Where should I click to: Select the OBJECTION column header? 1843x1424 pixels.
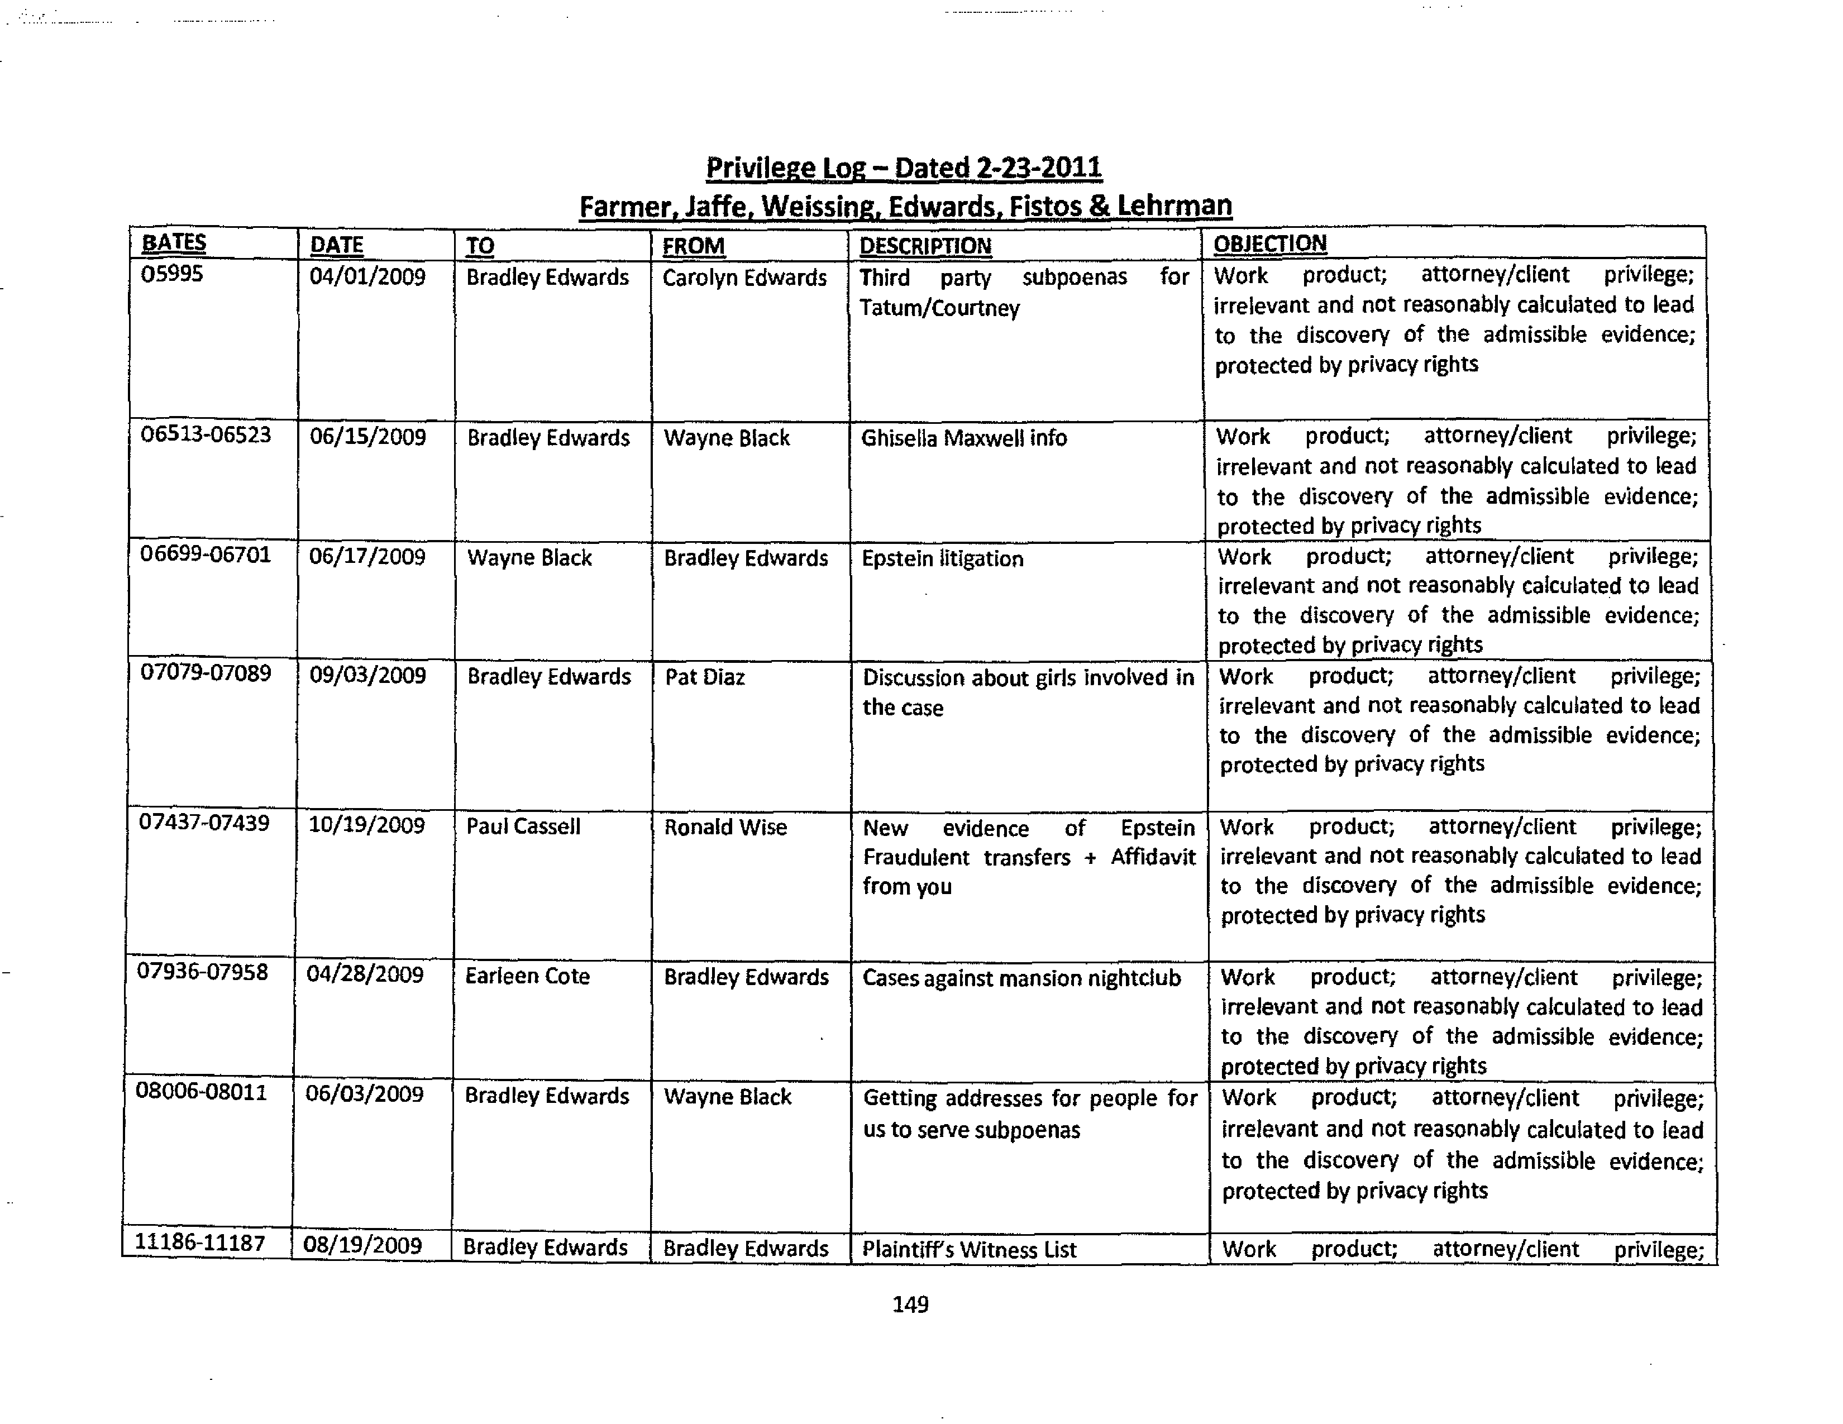point(1269,244)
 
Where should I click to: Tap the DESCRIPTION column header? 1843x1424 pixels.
point(925,246)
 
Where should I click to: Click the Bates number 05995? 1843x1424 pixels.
point(171,274)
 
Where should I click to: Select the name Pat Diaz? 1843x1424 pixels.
point(705,677)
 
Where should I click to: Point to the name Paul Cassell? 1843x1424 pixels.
point(523,826)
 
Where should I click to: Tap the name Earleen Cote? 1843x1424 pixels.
point(527,977)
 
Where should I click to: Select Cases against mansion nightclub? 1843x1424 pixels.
point(1021,978)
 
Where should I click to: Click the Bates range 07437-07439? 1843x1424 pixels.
point(204,823)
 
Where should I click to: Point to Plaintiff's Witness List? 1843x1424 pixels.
point(969,1249)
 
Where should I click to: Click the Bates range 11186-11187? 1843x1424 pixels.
point(200,1243)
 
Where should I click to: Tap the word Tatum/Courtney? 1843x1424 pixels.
point(939,309)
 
